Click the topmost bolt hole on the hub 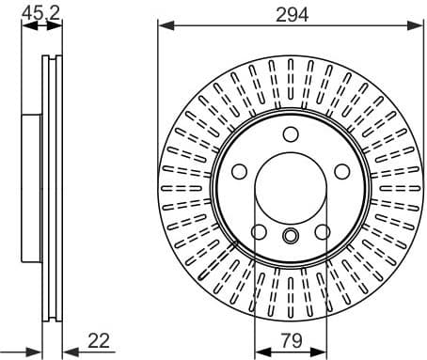coord(290,133)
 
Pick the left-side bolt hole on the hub coord(239,171)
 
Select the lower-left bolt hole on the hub coord(258,231)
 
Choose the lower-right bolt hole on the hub coord(322,231)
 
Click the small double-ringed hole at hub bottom coord(290,236)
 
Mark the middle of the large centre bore coord(290,187)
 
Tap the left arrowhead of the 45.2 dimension coord(25,25)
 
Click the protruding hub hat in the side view coord(30,188)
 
